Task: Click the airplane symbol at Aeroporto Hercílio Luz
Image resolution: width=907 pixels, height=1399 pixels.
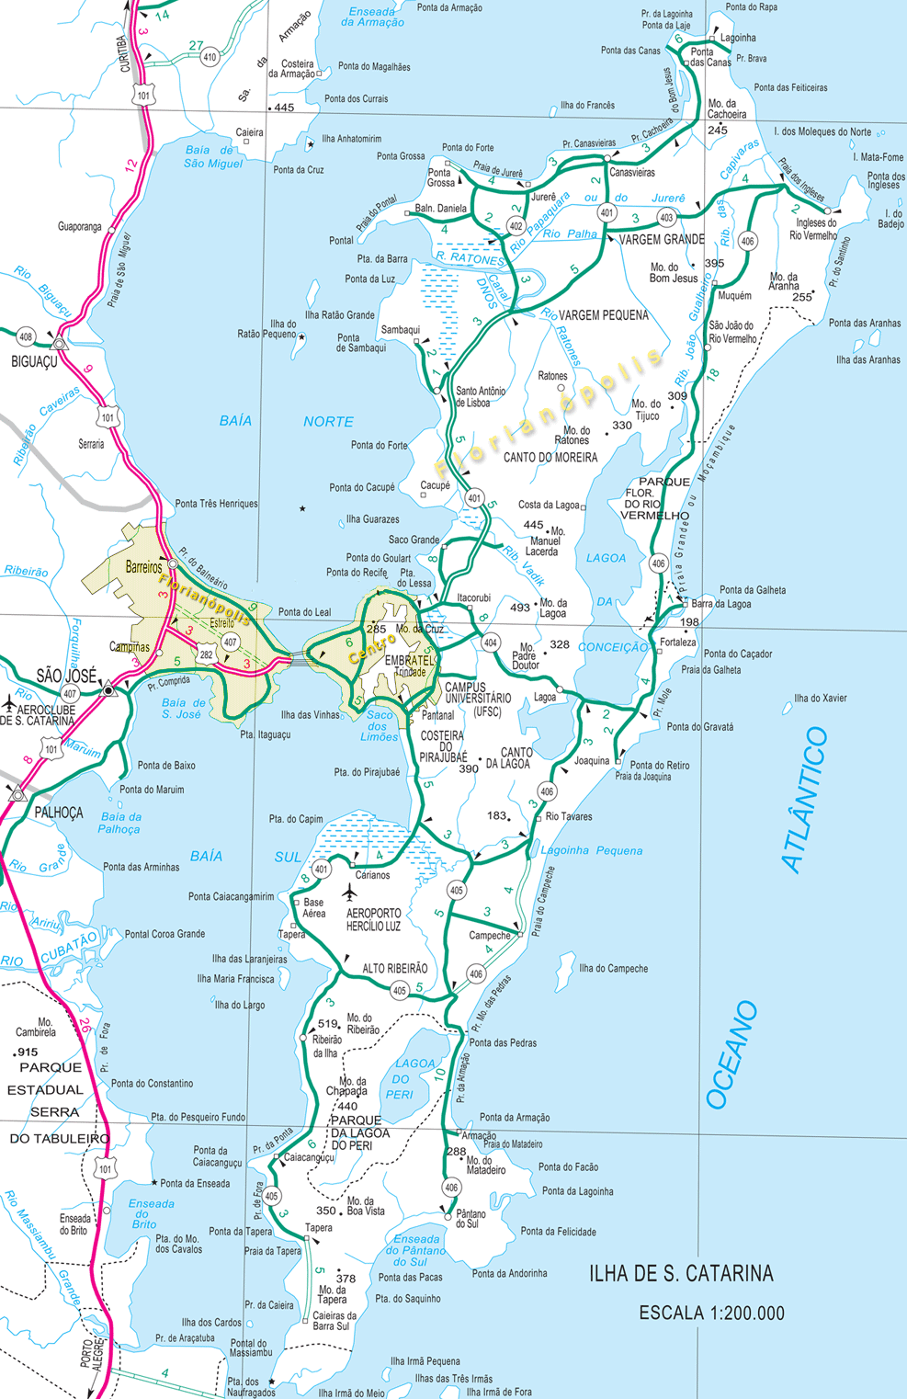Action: click(x=348, y=893)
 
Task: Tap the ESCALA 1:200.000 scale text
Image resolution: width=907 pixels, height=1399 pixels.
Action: click(x=711, y=1313)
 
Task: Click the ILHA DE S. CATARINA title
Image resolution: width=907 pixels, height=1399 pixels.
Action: click(x=681, y=1273)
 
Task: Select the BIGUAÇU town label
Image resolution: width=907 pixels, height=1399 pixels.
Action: click(x=34, y=362)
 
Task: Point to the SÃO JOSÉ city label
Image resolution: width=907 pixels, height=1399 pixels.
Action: click(x=66, y=676)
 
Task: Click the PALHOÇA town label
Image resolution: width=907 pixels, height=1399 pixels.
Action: click(x=59, y=813)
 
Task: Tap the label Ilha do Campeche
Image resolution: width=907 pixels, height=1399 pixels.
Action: click(x=613, y=969)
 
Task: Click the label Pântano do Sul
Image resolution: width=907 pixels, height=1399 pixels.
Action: click(x=471, y=1219)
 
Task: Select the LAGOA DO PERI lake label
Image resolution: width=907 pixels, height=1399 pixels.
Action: click(x=408, y=1078)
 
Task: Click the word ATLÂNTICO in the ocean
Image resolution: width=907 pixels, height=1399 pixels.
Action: click(x=805, y=799)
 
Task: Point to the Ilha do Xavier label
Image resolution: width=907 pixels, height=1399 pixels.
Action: click(x=821, y=698)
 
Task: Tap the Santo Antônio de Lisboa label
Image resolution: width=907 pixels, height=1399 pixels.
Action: click(x=481, y=397)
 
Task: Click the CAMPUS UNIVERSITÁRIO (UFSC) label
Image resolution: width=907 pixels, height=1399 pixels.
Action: click(x=478, y=699)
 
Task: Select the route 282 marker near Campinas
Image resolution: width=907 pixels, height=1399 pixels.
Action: click(x=206, y=654)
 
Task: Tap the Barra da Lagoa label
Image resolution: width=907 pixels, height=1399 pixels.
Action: click(x=721, y=604)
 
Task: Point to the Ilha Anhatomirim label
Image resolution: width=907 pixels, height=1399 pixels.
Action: click(x=351, y=139)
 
